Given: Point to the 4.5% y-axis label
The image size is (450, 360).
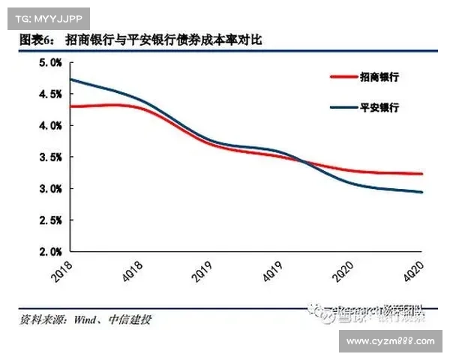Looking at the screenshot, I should pyautogui.click(x=49, y=94).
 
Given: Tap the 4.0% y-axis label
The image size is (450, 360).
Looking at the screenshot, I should pyautogui.click(x=49, y=126).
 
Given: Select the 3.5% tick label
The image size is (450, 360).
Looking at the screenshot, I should pyautogui.click(x=49, y=157).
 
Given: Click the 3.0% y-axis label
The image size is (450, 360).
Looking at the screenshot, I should pyautogui.click(x=49, y=189).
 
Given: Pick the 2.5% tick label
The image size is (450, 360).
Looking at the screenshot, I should pyautogui.click(x=49, y=220).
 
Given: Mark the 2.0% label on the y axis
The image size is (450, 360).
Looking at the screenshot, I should pyautogui.click(x=49, y=253).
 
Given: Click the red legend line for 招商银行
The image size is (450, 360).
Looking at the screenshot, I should pyautogui.click(x=343, y=76).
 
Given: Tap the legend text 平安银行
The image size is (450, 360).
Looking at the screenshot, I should pyautogui.click(x=379, y=107).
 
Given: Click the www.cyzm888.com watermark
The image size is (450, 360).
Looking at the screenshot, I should pyautogui.click(x=392, y=341).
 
